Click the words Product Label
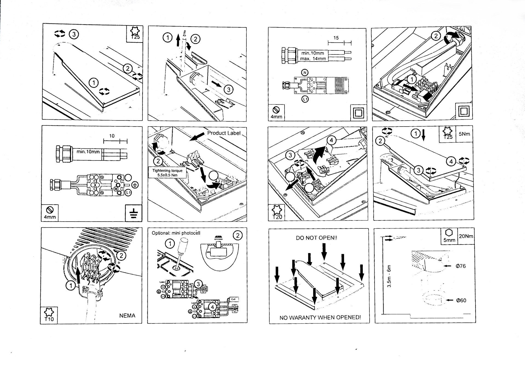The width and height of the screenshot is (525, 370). [224, 133]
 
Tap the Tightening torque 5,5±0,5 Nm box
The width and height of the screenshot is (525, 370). [167, 173]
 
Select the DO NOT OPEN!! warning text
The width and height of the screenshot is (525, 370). [317, 238]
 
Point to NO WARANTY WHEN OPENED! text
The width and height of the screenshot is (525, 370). [320, 317]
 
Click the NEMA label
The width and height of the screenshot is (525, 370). [127, 316]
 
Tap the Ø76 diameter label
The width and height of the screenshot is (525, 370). [461, 266]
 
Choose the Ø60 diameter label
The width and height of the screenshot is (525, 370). [461, 300]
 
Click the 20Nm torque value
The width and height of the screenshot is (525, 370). [466, 236]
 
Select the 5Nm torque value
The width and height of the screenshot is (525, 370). [464, 134]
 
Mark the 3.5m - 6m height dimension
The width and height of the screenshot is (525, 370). [389, 276]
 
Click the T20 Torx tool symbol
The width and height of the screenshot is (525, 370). [277, 213]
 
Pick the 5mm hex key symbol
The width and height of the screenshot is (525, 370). [449, 236]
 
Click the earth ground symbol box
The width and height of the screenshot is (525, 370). [134, 213]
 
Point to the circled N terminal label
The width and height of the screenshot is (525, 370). [304, 72]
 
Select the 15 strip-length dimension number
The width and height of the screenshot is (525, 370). [336, 38]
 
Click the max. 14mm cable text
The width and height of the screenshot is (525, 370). [313, 59]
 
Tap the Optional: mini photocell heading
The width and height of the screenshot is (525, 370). [176, 233]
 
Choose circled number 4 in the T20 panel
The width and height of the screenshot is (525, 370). [331, 140]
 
